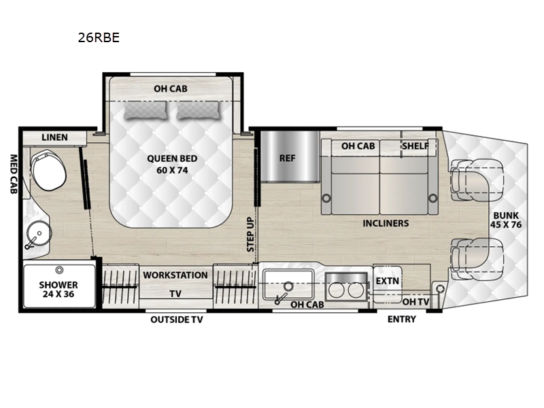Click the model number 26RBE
(99, 38)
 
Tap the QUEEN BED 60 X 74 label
(172, 164)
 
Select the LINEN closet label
(54, 137)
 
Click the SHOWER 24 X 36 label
(58, 290)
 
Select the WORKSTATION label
(175, 275)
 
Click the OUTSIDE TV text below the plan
(177, 320)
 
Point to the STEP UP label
(250, 235)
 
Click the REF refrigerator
(288, 158)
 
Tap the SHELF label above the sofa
(415, 146)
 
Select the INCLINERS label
(386, 223)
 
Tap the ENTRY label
(401, 320)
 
